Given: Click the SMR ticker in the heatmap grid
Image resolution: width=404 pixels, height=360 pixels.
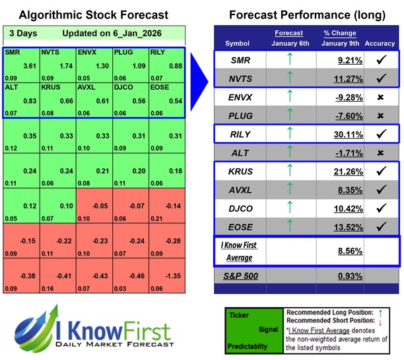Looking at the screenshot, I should pyautogui.click(x=13, y=51).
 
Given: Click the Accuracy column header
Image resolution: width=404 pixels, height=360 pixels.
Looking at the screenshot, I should pyautogui.click(x=379, y=44).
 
